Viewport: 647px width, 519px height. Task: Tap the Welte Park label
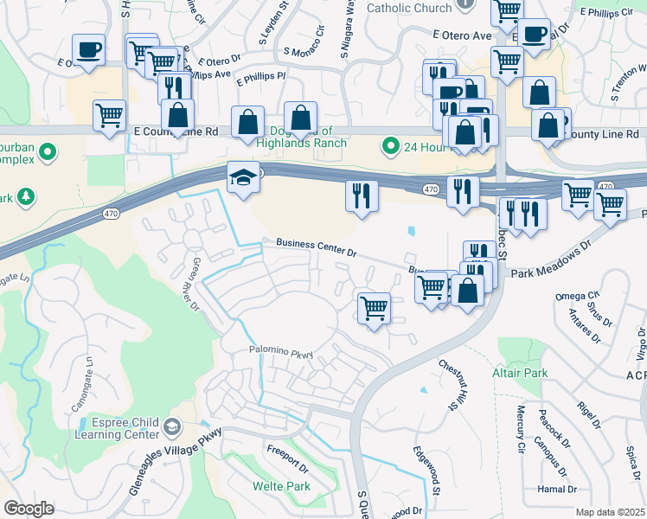281,486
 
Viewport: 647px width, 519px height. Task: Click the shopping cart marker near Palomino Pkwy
374,307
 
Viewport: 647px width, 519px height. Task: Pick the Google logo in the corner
29,508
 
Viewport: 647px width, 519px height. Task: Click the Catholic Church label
409,9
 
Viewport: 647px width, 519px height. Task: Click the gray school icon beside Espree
173,426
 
